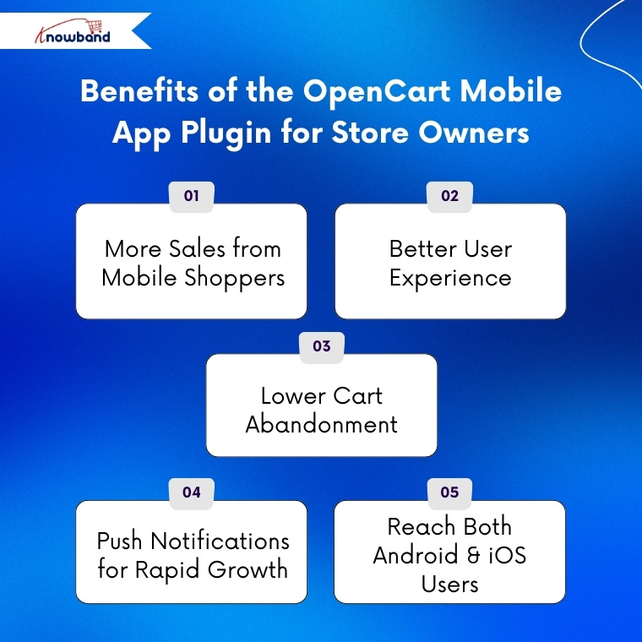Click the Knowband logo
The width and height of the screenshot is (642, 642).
[x=73, y=32]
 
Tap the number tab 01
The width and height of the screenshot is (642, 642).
[x=192, y=196]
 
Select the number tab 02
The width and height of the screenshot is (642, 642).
[x=450, y=196]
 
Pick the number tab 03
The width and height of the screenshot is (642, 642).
[x=321, y=346]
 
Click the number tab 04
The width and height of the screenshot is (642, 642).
[x=192, y=492]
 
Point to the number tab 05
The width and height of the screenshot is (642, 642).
[x=450, y=492]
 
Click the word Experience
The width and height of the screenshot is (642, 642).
[x=450, y=278]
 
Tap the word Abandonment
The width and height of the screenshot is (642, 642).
[x=321, y=424]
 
